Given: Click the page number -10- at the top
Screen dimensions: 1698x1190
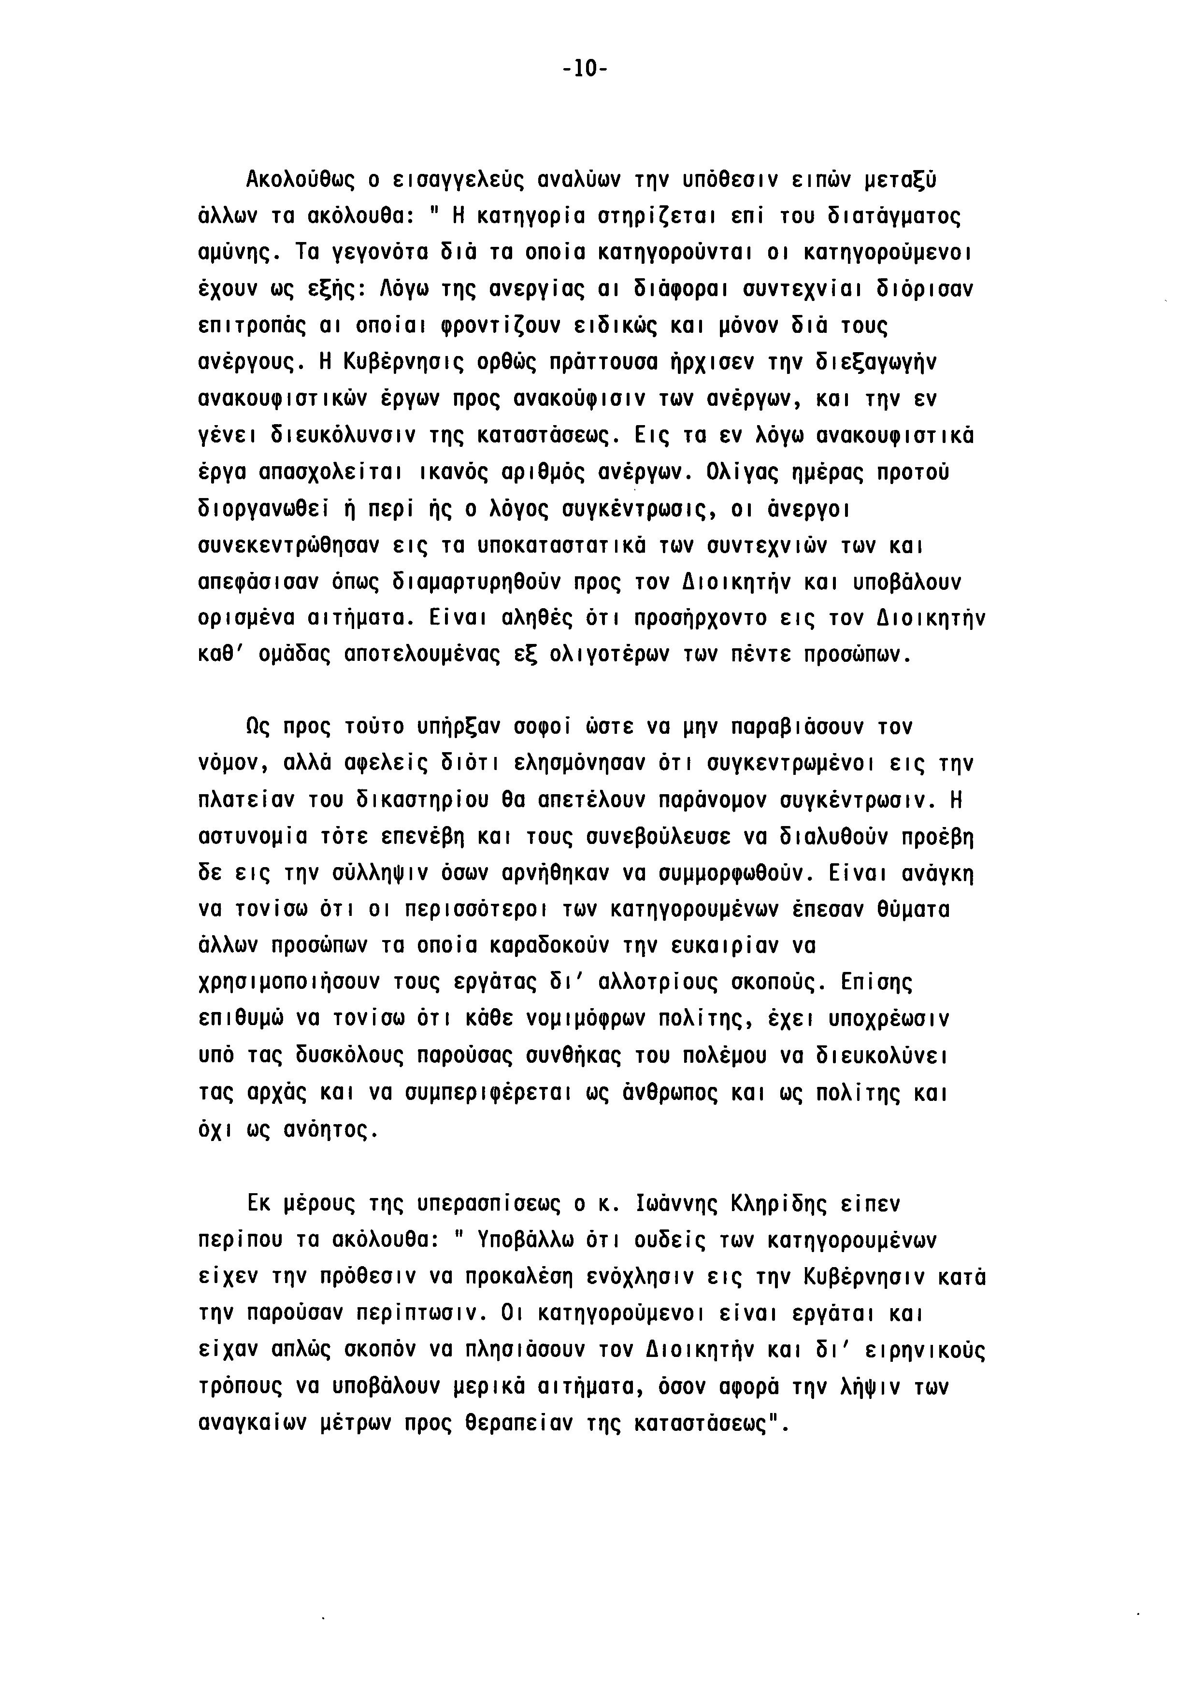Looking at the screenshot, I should (x=584, y=70).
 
